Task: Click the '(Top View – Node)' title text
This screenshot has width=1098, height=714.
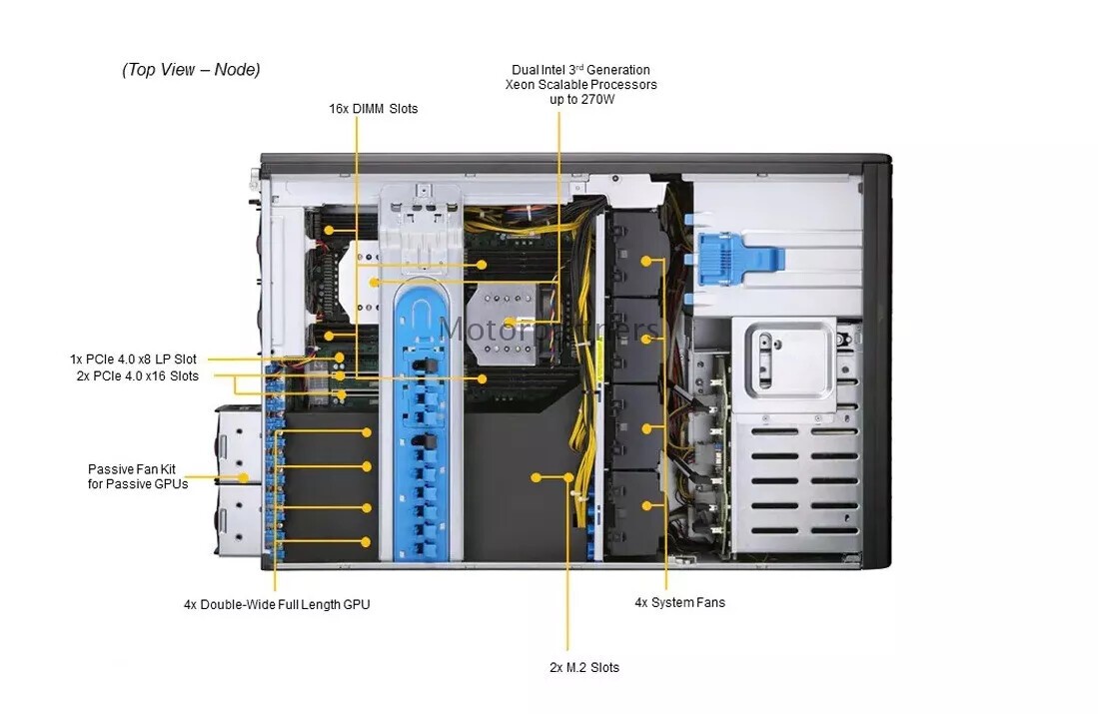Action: (191, 69)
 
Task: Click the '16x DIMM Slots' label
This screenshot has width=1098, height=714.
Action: (374, 109)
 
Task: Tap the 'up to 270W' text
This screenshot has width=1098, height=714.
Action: (581, 100)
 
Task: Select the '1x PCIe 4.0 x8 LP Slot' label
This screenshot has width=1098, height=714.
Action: (133, 359)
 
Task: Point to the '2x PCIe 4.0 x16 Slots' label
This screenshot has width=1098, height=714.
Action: (137, 375)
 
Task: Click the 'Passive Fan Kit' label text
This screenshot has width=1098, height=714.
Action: (132, 469)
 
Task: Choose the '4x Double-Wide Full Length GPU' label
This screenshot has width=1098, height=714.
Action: (277, 604)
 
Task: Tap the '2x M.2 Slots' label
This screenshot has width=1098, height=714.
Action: (584, 667)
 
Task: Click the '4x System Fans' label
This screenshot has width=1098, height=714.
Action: (680, 602)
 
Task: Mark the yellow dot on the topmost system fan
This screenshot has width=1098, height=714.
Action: (645, 261)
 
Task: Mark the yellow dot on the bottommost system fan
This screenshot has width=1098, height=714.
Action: (646, 505)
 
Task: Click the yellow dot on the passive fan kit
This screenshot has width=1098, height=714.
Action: (243, 478)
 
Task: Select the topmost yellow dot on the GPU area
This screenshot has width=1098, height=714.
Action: (367, 432)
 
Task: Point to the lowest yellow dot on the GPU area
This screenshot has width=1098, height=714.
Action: (366, 541)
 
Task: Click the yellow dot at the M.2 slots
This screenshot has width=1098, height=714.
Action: (536, 477)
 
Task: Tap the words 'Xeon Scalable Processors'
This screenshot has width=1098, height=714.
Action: (581, 85)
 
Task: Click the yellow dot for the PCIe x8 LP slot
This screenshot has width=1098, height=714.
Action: (340, 357)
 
